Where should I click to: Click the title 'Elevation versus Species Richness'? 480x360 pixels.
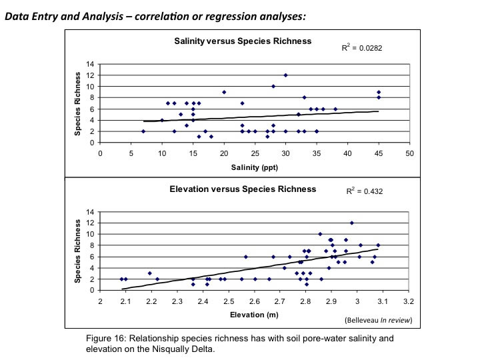coord(243,189)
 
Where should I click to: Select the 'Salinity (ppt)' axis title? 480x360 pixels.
coord(254,167)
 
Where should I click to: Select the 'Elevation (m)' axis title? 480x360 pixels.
coord(254,314)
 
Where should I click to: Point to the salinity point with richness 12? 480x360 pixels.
coord(286,75)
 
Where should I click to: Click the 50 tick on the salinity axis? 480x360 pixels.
coord(409,153)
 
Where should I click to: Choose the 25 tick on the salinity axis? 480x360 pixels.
coord(255,153)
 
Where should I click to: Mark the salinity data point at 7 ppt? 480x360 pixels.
coord(143,131)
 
